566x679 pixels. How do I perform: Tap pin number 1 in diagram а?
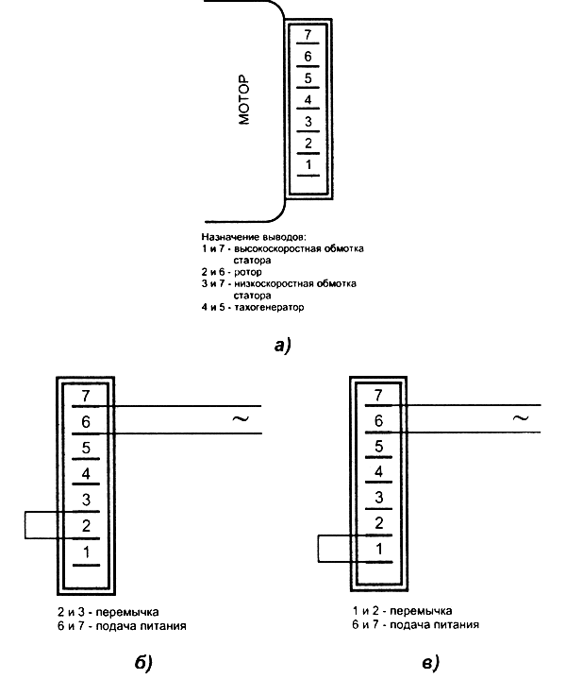click(308, 164)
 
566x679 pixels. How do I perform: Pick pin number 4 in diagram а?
click(308, 99)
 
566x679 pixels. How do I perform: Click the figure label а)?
click(283, 346)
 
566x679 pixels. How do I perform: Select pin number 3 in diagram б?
click(86, 499)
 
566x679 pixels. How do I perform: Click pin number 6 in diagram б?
click(86, 421)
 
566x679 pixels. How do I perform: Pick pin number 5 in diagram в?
click(378, 447)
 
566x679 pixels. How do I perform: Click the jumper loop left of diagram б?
click(26, 526)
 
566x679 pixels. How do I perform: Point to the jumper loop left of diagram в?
click(321, 550)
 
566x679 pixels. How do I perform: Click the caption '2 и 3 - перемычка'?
click(106, 611)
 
